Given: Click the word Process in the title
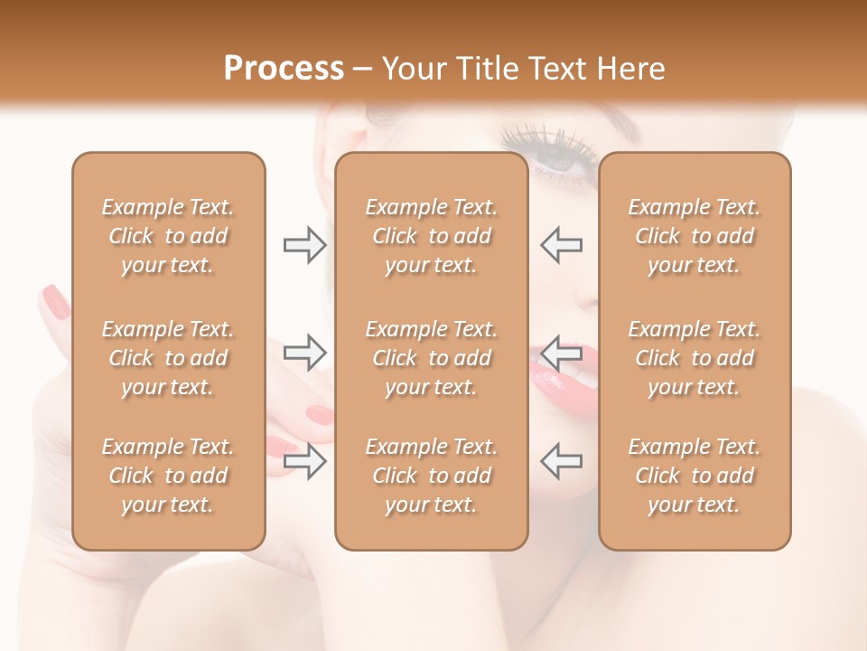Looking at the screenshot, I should coord(284,69).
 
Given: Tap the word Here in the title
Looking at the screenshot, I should coord(629,69).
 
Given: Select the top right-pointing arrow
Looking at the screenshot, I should coord(304,245).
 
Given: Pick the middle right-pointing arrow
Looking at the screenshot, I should coord(304,352).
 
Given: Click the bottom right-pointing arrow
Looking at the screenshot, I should coord(304,460).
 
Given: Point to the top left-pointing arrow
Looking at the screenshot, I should coord(561,245).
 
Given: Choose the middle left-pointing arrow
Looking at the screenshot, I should coord(561,352).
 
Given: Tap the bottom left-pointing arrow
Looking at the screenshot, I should coord(561,460).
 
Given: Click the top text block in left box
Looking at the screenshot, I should coord(168,236).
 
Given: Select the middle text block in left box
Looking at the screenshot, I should coord(168,358).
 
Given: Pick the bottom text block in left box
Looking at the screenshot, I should coord(168,476).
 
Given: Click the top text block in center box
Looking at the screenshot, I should coord(431,236).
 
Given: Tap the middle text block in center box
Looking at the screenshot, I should coord(431,358).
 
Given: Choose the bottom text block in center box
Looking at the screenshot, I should coord(431,476).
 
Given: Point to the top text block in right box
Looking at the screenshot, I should coord(695,236).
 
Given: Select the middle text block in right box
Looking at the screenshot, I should coord(695,358).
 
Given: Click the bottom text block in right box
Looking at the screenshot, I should coord(695,476).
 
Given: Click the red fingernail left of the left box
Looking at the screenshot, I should coord(56,301).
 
